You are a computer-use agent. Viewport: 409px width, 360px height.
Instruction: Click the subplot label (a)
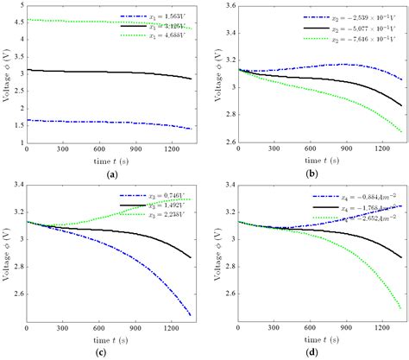point(111,173)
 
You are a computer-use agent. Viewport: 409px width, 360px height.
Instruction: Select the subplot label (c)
point(111,354)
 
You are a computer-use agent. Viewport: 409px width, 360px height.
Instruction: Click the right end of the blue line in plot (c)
point(191,315)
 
